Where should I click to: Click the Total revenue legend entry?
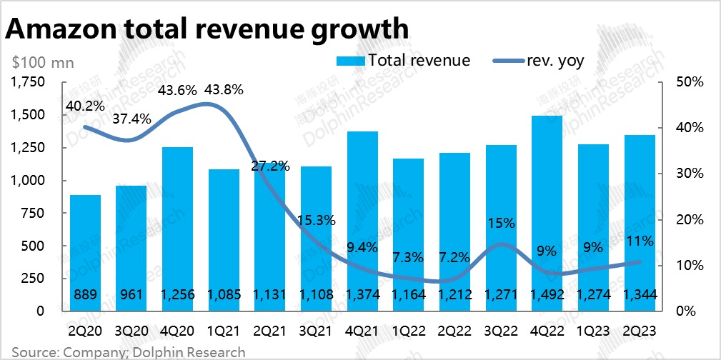(x=403, y=60)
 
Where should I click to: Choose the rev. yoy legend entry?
(x=539, y=60)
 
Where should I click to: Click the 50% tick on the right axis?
(x=690, y=83)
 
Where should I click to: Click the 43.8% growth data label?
(x=224, y=90)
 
